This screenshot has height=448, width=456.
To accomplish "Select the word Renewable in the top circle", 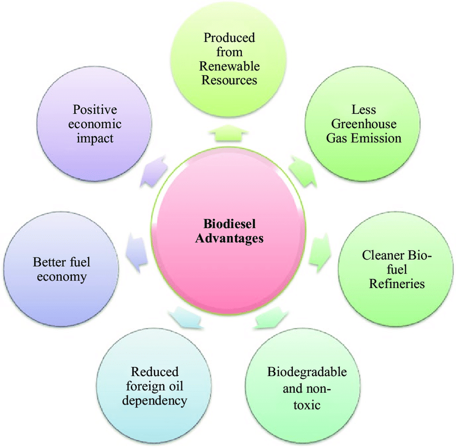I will click(229, 67).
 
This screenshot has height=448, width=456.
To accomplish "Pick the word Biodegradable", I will click(307, 372).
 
